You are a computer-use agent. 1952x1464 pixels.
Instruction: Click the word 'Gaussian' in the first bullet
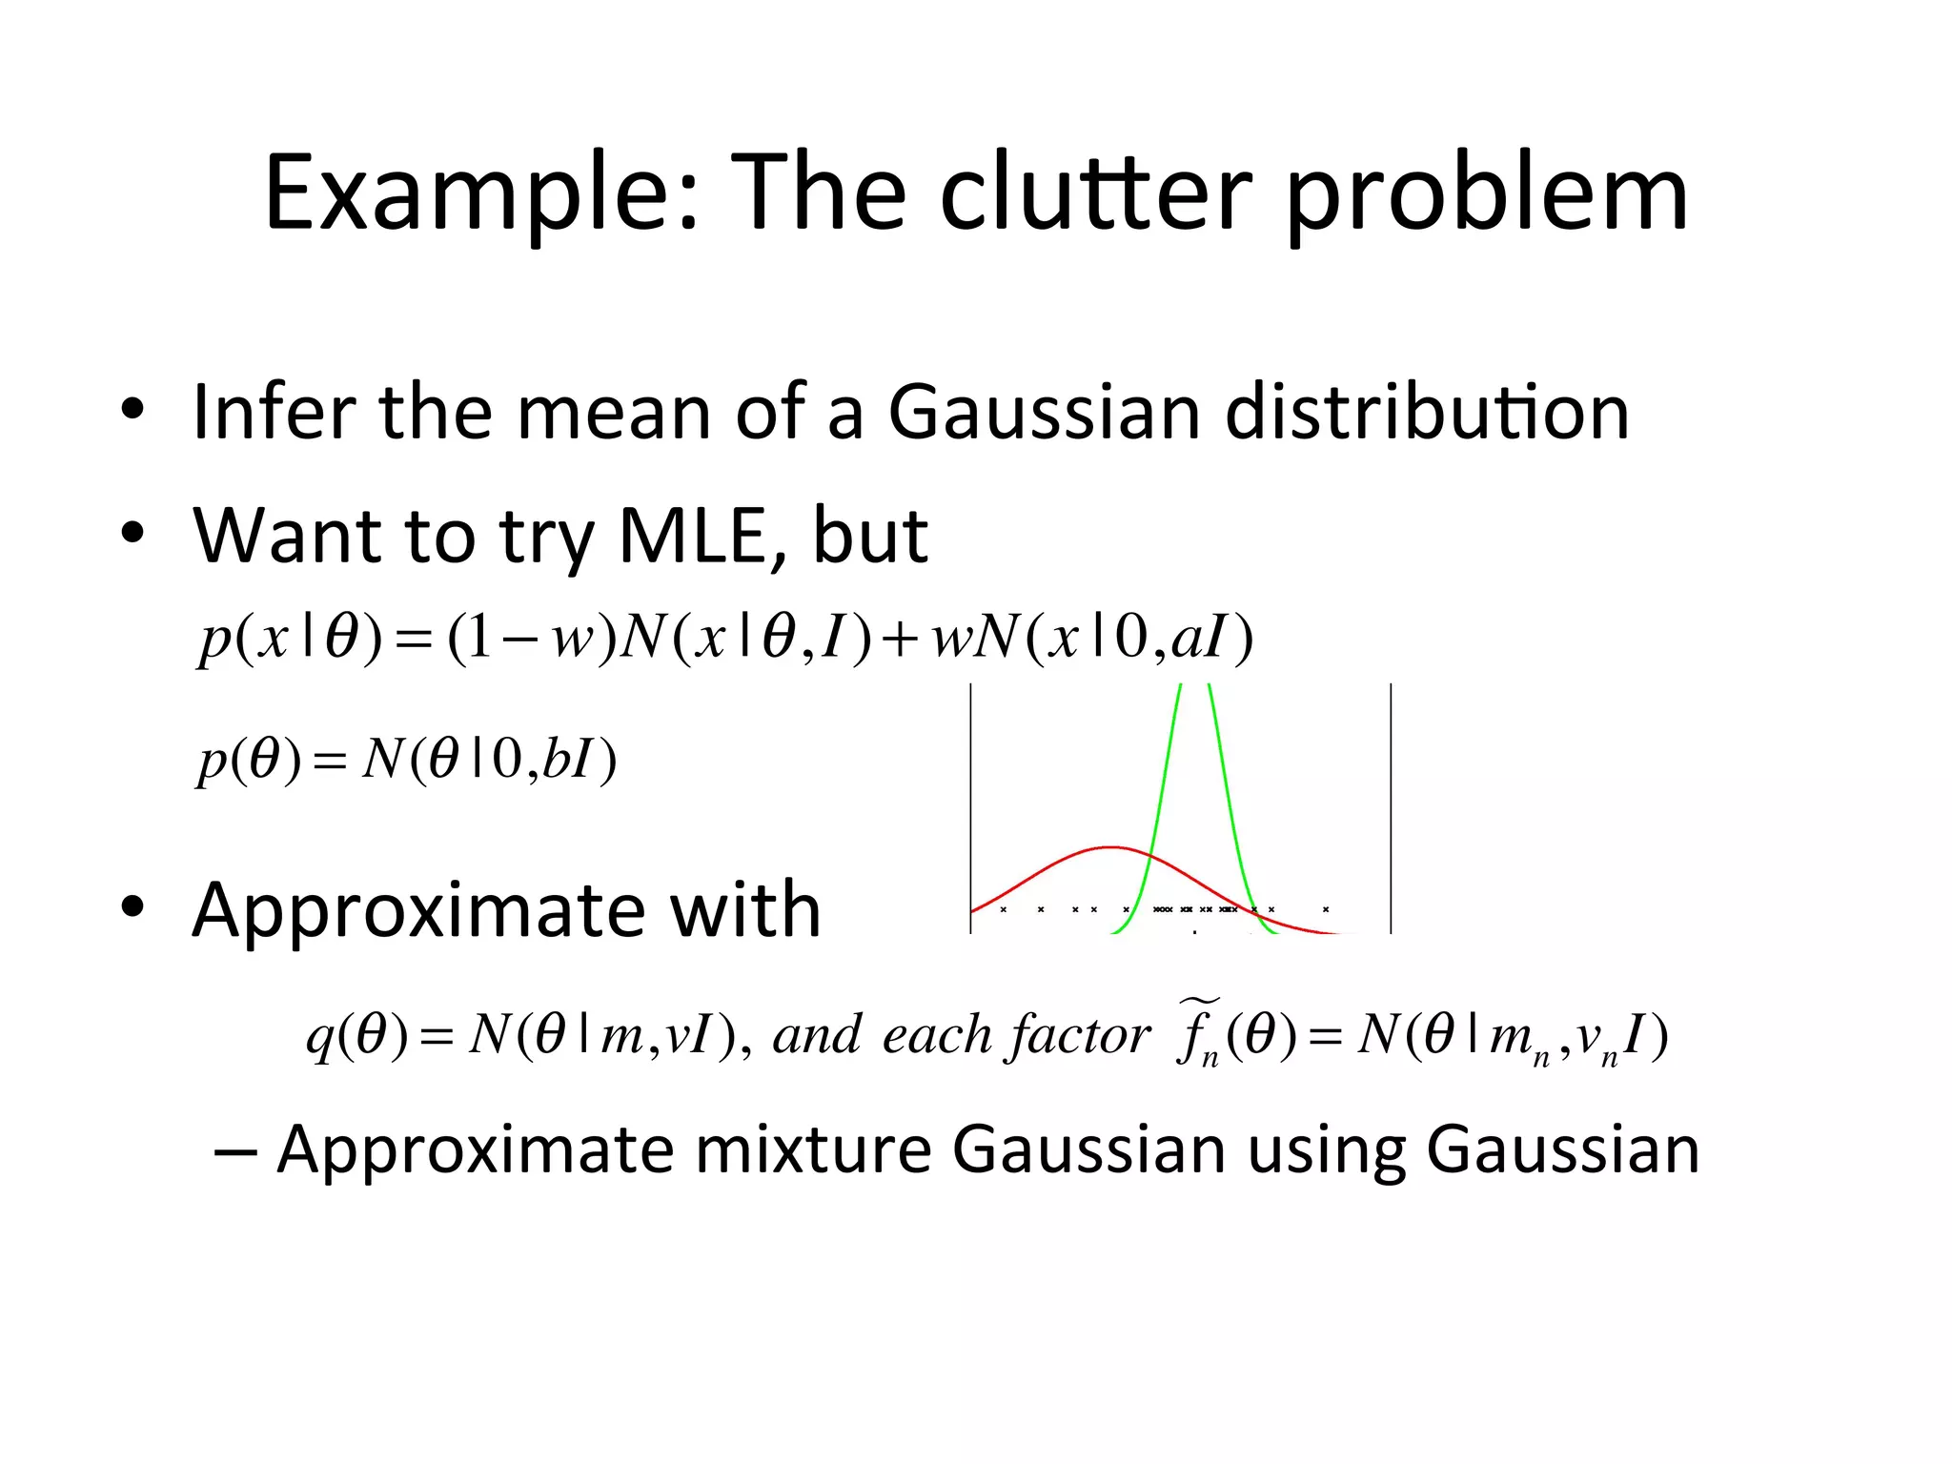point(1044,412)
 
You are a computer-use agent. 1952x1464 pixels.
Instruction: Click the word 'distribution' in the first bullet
point(1427,412)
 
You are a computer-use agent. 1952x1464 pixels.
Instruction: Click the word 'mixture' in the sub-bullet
point(812,1149)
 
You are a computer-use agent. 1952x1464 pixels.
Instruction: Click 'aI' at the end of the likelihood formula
point(1199,638)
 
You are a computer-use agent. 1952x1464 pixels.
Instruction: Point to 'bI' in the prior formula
point(566,760)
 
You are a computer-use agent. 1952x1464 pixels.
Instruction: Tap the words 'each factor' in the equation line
point(1016,1035)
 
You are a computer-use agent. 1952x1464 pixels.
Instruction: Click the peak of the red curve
point(1110,846)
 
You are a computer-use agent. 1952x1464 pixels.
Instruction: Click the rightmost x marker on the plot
point(1326,909)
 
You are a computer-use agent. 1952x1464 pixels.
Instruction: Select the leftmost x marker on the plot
point(1004,909)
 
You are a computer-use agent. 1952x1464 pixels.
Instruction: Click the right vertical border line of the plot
point(1391,808)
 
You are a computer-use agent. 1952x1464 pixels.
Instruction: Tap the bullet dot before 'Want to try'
point(132,534)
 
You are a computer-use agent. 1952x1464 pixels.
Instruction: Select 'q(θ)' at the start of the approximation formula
point(356,1035)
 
